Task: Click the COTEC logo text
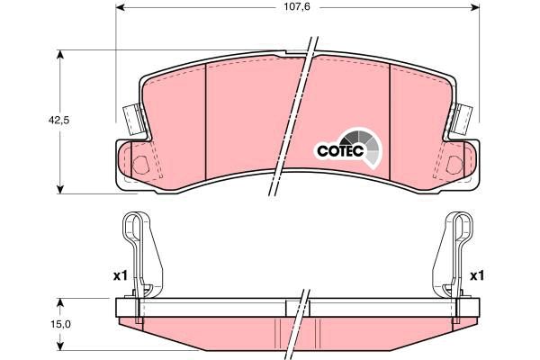[337, 150]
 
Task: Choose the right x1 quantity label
[478, 275]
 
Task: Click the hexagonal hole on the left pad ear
[141, 165]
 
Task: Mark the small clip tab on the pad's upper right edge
[465, 116]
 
